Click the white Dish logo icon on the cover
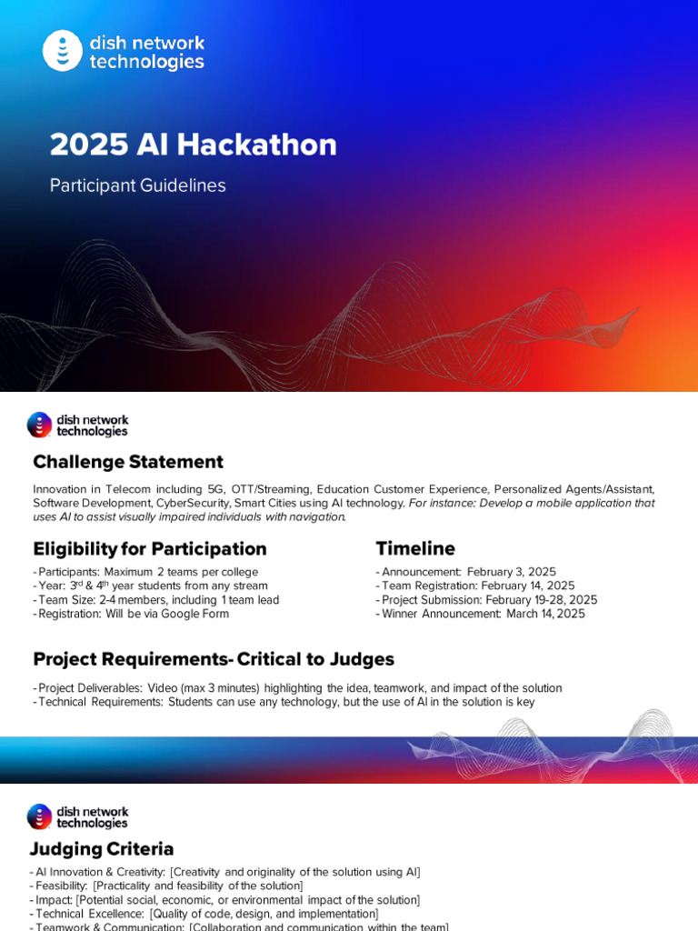[x=63, y=51]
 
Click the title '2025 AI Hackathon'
[x=193, y=145]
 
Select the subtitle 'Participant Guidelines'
[x=137, y=185]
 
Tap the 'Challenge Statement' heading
[x=128, y=462]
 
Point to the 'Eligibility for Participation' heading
[x=150, y=549]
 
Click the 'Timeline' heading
[x=415, y=549]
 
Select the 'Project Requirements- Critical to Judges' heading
[x=214, y=659]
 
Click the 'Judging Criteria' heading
[x=103, y=849]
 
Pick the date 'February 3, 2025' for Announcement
[x=512, y=572]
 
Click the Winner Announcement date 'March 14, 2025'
[x=544, y=614]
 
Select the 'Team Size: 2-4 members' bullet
[x=114, y=600]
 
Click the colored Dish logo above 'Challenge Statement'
[x=39, y=425]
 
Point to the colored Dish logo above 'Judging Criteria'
[x=39, y=816]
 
